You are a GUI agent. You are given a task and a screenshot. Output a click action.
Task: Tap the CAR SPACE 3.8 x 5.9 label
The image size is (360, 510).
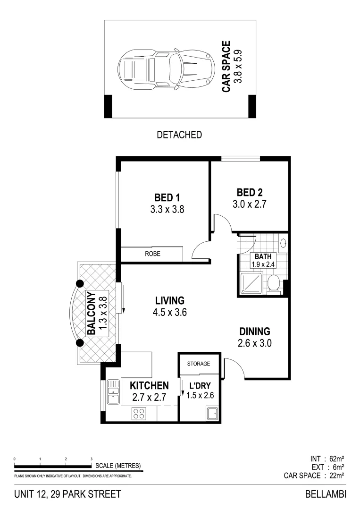point(233,67)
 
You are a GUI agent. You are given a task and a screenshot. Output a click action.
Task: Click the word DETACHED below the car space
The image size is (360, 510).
point(179,135)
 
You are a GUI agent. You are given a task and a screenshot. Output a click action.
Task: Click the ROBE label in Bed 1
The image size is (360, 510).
point(152,254)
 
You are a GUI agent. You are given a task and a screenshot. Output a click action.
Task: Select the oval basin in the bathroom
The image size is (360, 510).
point(283,243)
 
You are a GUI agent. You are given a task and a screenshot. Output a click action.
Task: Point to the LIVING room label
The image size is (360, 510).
point(169,300)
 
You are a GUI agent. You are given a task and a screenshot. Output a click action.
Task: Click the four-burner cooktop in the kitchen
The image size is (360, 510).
point(139,413)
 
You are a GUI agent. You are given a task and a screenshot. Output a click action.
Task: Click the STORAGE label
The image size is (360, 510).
point(199,364)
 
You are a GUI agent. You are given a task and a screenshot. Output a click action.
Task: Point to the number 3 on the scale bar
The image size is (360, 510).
point(91,459)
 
